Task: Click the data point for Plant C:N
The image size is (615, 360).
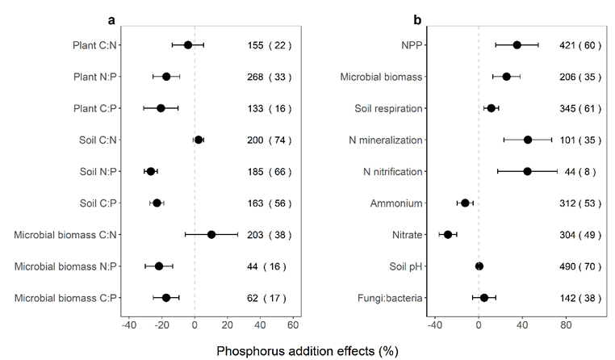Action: click(188, 45)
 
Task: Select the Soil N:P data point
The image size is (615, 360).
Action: click(151, 171)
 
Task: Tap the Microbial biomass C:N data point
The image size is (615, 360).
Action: click(211, 235)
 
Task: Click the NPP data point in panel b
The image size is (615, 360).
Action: click(517, 45)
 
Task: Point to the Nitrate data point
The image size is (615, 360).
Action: click(448, 235)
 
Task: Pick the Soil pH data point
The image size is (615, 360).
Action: click(479, 266)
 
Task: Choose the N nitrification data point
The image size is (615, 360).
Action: click(527, 171)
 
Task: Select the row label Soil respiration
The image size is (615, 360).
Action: click(388, 108)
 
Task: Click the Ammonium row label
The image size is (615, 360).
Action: click(396, 203)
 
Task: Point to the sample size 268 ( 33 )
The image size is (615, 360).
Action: click(269, 77)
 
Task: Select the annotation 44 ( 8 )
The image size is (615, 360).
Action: click(581, 171)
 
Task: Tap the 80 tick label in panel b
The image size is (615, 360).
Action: click(567, 325)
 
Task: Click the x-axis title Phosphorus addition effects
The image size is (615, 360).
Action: click(307, 351)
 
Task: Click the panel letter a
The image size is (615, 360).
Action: click(112, 18)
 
